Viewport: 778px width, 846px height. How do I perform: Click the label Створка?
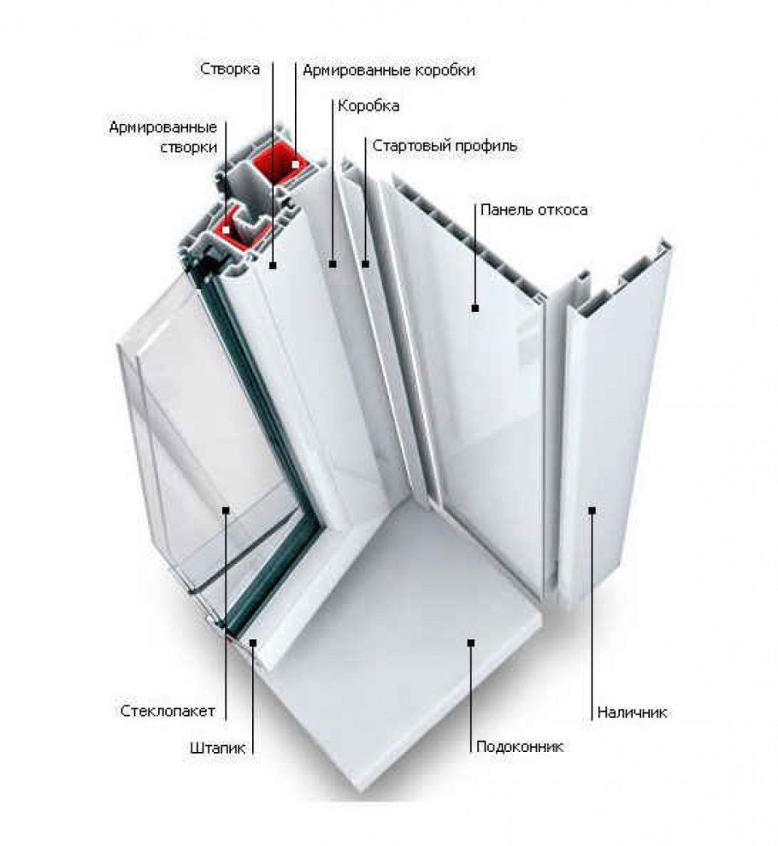click(x=230, y=69)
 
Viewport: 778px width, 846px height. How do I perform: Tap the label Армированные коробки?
click(x=389, y=71)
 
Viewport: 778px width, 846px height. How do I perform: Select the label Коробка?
click(x=368, y=106)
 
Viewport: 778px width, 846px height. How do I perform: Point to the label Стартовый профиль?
click(x=445, y=146)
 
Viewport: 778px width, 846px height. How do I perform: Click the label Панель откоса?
click(x=534, y=210)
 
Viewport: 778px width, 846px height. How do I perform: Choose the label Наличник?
click(x=632, y=713)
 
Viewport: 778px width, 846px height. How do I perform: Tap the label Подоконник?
click(x=520, y=747)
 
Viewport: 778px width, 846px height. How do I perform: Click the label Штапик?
click(x=217, y=749)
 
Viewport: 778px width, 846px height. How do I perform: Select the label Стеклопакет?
click(x=168, y=711)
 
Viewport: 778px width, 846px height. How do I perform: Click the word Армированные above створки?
click(x=163, y=127)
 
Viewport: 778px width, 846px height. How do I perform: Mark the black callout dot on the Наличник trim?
click(x=592, y=509)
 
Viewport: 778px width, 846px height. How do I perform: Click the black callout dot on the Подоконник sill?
click(x=471, y=643)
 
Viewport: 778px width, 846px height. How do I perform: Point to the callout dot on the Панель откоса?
click(x=475, y=308)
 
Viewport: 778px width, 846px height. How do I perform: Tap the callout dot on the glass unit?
click(x=227, y=509)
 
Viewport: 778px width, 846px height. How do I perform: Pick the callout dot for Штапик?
click(x=253, y=642)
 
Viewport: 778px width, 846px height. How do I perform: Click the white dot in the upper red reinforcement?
click(x=295, y=164)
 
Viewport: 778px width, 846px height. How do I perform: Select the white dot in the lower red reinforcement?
click(x=227, y=230)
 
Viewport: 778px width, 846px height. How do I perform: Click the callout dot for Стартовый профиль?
click(x=366, y=264)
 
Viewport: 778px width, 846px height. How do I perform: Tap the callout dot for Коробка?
click(x=333, y=264)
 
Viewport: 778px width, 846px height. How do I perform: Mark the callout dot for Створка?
click(x=273, y=265)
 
